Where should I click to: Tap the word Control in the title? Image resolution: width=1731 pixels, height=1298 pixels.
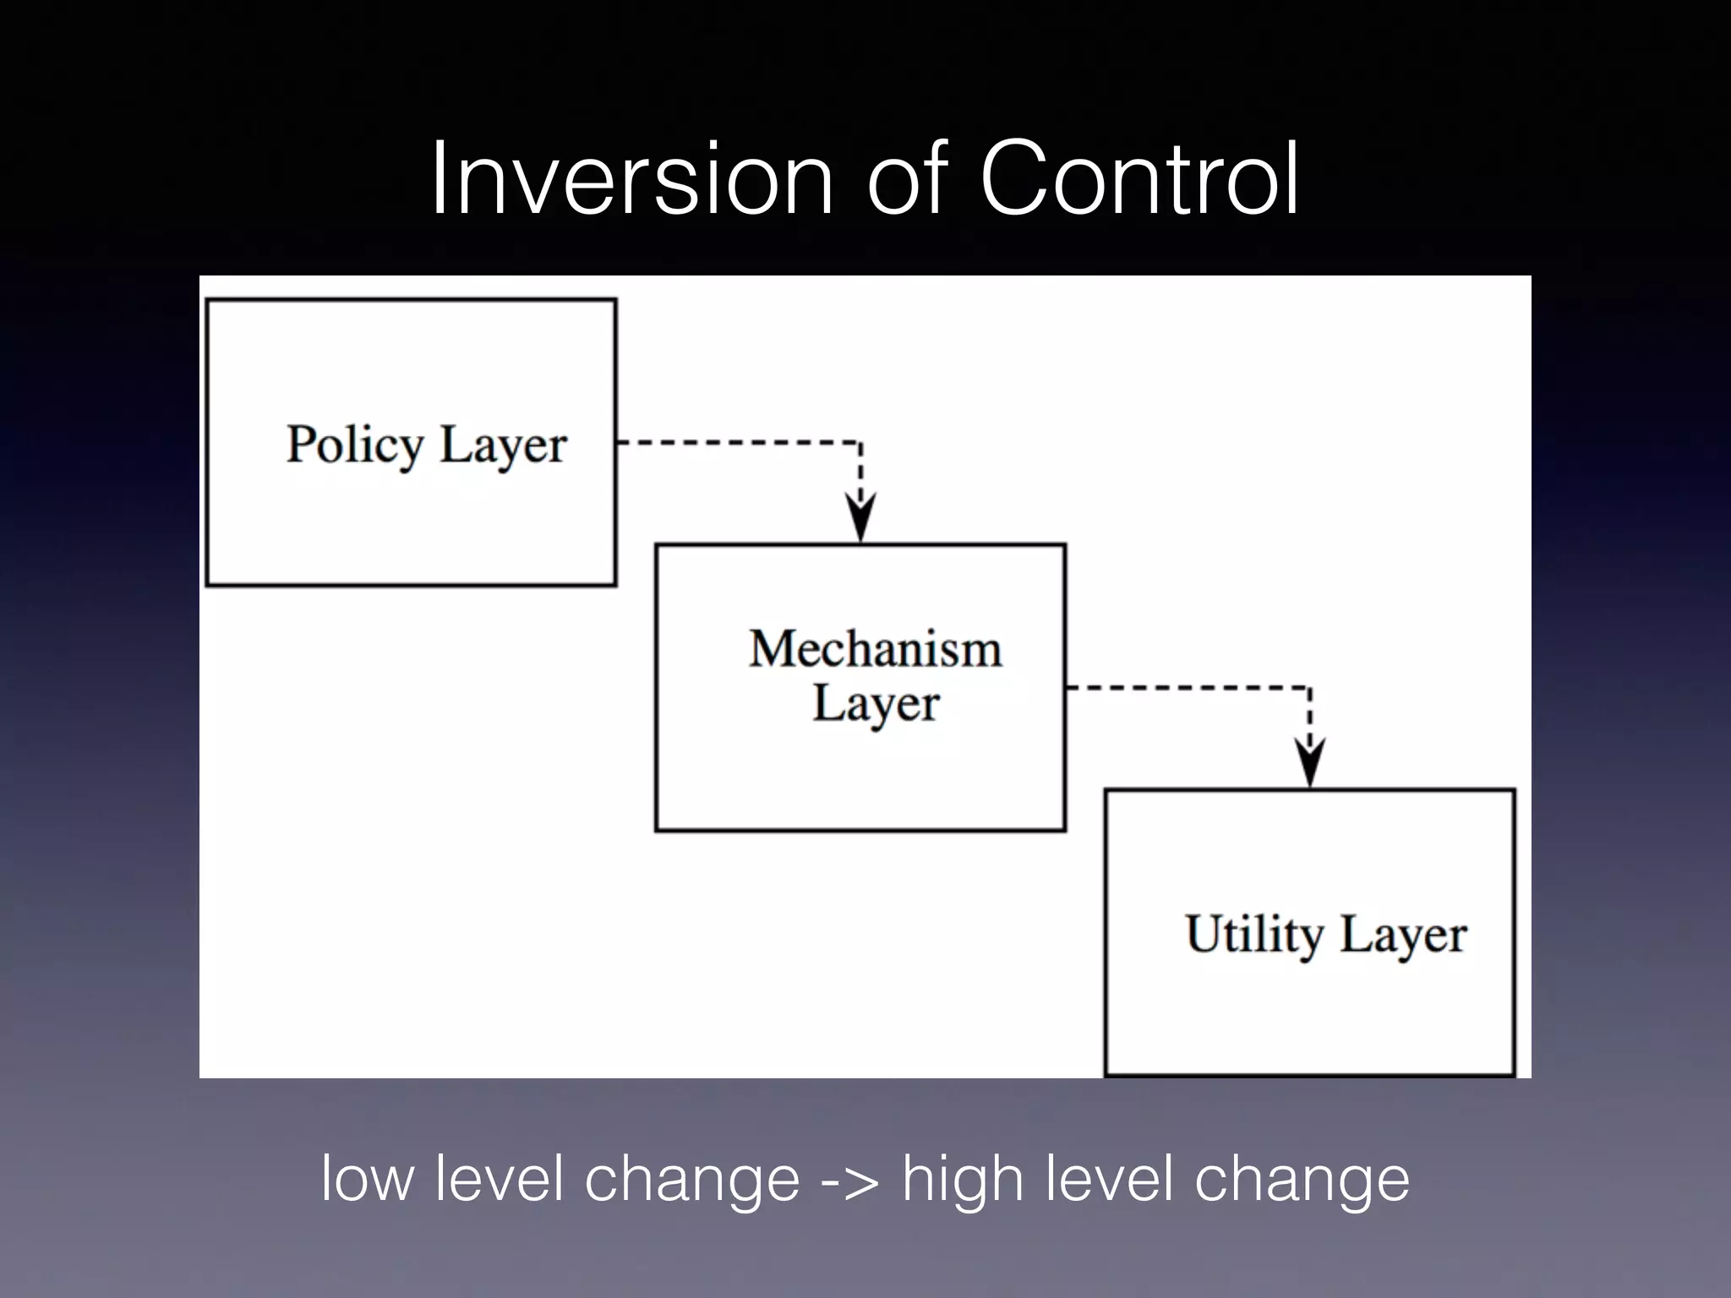point(1139,180)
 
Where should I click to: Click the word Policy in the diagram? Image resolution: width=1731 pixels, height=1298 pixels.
point(354,444)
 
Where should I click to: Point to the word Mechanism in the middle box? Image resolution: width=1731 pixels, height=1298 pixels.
point(875,649)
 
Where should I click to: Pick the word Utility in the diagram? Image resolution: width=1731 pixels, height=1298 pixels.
point(1254,935)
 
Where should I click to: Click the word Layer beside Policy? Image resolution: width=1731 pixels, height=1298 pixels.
point(503,444)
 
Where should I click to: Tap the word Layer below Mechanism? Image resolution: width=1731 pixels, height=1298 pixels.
point(876,703)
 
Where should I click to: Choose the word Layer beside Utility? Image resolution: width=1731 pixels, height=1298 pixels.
point(1403,935)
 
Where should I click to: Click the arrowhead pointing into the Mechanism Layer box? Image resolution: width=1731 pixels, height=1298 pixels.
point(860,517)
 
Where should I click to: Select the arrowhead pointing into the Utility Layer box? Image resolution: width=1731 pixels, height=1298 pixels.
point(1309,762)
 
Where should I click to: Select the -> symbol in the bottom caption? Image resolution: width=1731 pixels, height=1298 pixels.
point(850,1180)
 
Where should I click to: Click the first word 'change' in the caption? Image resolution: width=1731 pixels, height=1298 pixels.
point(692,1180)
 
